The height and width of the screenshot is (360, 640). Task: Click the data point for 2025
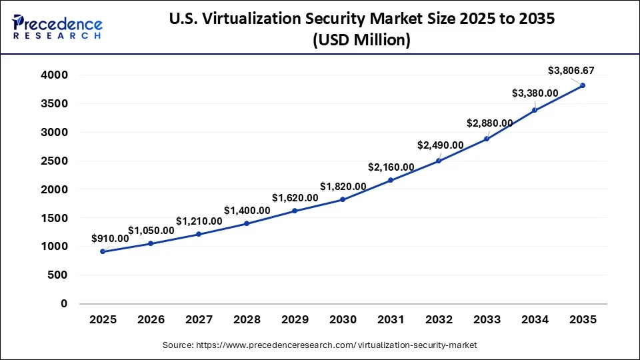pyautogui.click(x=103, y=251)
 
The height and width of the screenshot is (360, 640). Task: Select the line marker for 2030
pyautogui.click(x=343, y=199)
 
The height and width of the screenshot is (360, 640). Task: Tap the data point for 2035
pyautogui.click(x=583, y=85)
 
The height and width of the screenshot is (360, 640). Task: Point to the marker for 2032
pyautogui.click(x=439, y=161)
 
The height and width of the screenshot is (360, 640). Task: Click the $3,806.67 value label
pyautogui.click(x=571, y=70)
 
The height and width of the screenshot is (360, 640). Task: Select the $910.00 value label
pyautogui.click(x=111, y=238)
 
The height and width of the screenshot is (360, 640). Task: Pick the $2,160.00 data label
pyautogui.click(x=391, y=167)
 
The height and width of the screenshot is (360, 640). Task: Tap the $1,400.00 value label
pyautogui.click(x=247, y=210)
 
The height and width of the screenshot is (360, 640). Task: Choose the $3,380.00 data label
pyautogui.click(x=535, y=93)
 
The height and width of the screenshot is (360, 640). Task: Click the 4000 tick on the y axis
pyautogui.click(x=55, y=75)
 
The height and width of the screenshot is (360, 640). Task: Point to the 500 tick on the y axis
pyautogui.click(x=59, y=275)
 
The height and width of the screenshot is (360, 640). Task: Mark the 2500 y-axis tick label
pyautogui.click(x=55, y=161)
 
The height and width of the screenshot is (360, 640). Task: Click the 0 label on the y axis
pyautogui.click(x=64, y=303)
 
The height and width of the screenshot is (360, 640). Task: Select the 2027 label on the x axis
pyautogui.click(x=199, y=320)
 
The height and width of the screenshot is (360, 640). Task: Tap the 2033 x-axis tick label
pyautogui.click(x=487, y=320)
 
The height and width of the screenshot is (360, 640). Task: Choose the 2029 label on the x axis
pyautogui.click(x=295, y=320)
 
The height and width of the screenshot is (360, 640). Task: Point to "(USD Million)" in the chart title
pyautogui.click(x=361, y=40)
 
